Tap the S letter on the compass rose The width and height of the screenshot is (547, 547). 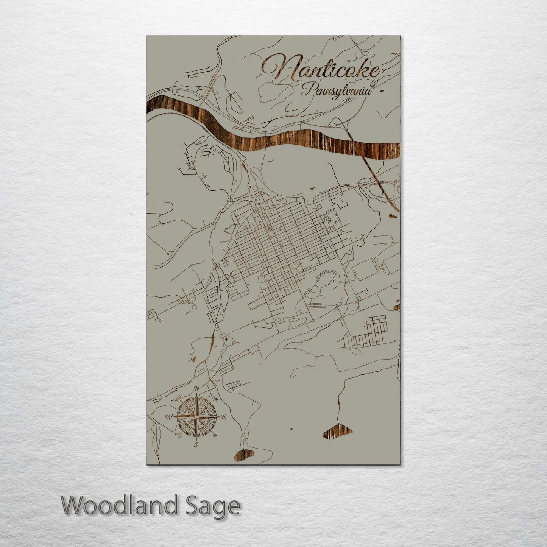coord(196,445)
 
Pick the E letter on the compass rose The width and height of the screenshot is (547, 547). coord(223,417)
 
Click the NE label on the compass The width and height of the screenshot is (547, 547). coord(215,399)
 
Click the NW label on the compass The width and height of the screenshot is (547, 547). coord(177,399)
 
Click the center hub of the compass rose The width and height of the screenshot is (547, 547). coord(196,417)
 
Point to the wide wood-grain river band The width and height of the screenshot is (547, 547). coord(265,140)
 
